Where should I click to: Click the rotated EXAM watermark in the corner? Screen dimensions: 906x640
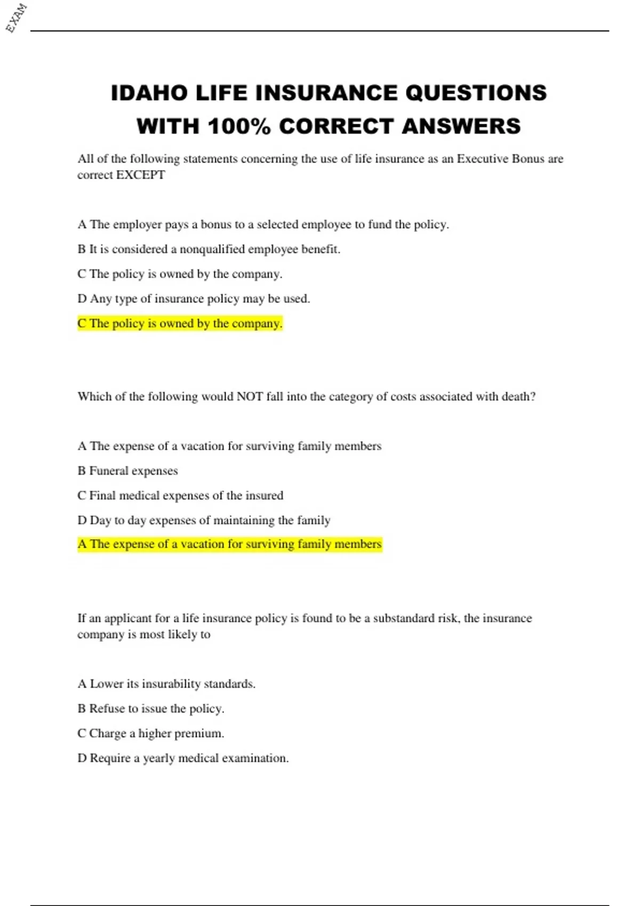point(17,18)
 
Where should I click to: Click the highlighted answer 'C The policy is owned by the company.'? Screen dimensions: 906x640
point(180,323)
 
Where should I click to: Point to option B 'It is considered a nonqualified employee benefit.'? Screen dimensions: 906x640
point(209,249)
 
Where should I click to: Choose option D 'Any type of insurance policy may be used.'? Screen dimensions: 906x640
point(194,299)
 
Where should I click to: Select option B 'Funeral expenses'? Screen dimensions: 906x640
point(127,471)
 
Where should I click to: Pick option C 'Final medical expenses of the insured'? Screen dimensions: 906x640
point(180,496)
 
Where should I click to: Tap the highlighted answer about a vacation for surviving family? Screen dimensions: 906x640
point(229,544)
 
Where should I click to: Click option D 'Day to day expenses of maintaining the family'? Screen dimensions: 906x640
point(204,520)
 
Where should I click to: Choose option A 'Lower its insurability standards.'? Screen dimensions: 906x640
point(166,684)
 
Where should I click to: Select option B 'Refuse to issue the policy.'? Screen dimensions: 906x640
point(151,709)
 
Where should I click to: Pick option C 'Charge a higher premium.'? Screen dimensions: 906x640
point(151,733)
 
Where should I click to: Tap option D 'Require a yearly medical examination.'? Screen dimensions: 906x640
point(183,758)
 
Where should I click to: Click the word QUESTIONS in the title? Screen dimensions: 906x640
point(476,93)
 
